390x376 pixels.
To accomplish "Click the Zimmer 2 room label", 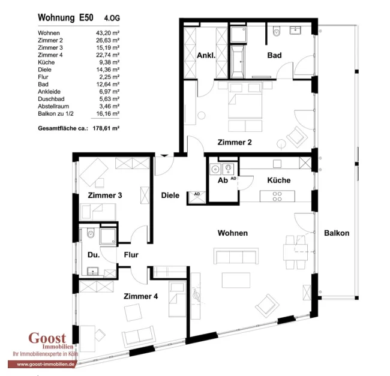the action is (235, 142).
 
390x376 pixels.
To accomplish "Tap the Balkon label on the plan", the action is (337, 233).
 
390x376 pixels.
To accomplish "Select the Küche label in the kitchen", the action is (279, 180).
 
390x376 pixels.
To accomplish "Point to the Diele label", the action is (170, 195).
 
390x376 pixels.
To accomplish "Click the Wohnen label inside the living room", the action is (233, 233).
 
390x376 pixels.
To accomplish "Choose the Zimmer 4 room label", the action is (140, 296).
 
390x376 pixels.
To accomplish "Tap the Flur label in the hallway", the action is (131, 255).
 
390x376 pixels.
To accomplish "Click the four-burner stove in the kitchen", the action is (277, 196).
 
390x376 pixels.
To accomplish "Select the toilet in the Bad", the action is (276, 31).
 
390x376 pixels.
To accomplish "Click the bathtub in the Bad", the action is (237, 61).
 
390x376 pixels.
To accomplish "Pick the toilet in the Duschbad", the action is (91, 233).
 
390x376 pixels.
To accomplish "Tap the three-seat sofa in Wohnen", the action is (236, 255).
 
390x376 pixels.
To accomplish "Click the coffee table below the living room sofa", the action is (236, 280).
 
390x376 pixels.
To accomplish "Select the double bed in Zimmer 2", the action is (245, 101).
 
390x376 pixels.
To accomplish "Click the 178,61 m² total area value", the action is (106, 128).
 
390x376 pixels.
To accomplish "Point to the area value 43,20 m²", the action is (107, 33).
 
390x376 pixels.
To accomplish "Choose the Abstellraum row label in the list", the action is (53, 106).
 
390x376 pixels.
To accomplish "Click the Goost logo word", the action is (47, 338).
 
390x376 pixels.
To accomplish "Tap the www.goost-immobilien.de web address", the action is (46, 365).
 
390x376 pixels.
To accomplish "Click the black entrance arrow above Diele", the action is (164, 155).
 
